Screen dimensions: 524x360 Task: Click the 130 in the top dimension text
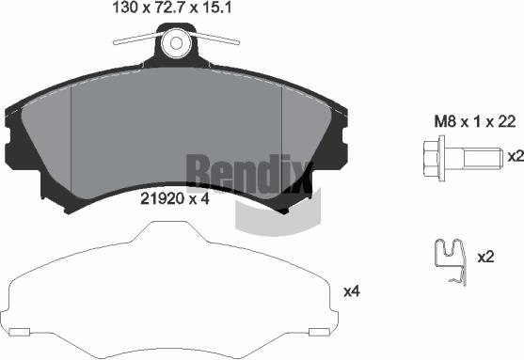coord(125,8)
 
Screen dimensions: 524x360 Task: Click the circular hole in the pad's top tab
coord(176,43)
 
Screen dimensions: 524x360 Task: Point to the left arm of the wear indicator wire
coord(137,39)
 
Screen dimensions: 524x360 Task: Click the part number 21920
coord(163,199)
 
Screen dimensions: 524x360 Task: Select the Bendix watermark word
coord(249,174)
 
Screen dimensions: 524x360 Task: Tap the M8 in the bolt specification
coord(445,121)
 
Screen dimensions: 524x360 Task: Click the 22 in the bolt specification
coord(507,121)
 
